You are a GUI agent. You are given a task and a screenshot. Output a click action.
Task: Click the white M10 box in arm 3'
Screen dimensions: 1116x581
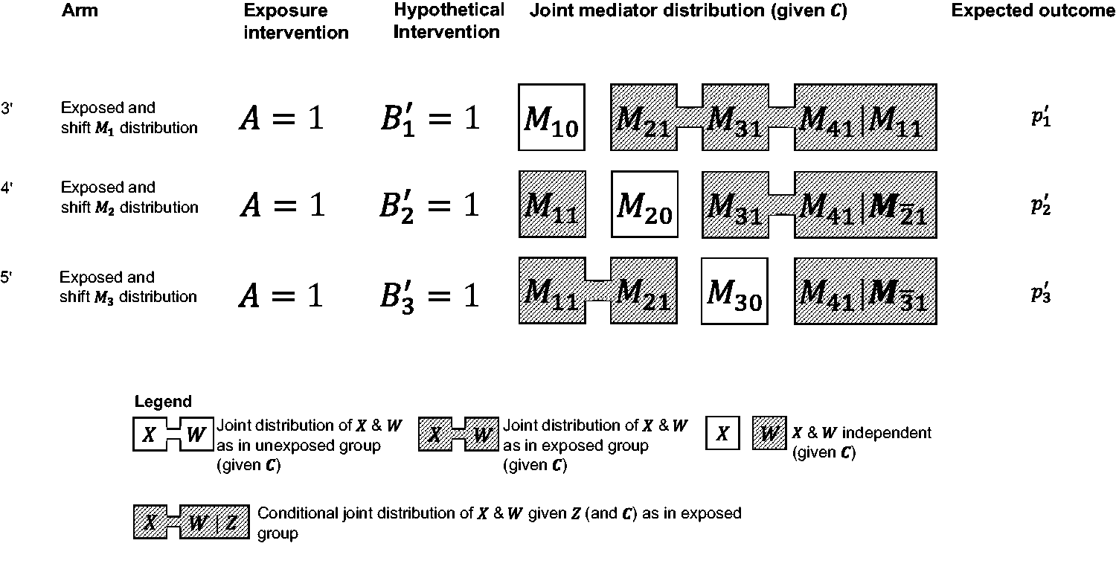point(551,117)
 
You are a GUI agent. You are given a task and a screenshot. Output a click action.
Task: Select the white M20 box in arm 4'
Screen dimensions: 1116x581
point(644,205)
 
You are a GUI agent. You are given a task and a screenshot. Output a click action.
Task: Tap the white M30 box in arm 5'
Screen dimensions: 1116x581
point(734,291)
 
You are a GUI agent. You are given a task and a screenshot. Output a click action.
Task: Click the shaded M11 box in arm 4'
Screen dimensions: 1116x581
point(552,205)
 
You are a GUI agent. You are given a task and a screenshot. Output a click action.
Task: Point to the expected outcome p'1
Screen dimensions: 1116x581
point(1041,117)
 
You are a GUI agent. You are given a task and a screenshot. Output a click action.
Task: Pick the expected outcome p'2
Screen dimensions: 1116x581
point(1041,205)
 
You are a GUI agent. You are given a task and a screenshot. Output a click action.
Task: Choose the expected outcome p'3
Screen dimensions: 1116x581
point(1041,293)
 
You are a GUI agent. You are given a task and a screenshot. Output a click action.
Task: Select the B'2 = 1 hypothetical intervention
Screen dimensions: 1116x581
point(429,206)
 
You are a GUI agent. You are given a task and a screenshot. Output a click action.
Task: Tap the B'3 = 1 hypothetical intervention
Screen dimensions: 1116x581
point(429,297)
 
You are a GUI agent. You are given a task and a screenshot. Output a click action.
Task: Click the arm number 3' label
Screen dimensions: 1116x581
point(7,108)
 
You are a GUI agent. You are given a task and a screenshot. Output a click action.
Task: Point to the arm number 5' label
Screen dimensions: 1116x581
point(7,277)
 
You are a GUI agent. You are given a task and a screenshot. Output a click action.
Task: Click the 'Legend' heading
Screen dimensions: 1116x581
point(163,402)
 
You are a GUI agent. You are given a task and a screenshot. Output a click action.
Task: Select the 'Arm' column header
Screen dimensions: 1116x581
point(80,10)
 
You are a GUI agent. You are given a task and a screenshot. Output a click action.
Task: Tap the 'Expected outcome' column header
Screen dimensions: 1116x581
point(1033,11)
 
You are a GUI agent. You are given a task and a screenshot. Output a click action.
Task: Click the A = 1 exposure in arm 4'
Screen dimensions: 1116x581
point(283,205)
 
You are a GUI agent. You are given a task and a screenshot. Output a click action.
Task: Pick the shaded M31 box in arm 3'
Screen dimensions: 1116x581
point(735,117)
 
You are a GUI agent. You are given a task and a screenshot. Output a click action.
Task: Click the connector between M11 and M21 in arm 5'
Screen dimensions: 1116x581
point(598,290)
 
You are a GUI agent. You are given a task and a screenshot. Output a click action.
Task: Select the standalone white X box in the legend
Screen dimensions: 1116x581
point(722,433)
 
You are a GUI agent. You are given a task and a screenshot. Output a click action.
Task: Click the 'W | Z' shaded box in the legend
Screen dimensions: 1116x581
point(214,521)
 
